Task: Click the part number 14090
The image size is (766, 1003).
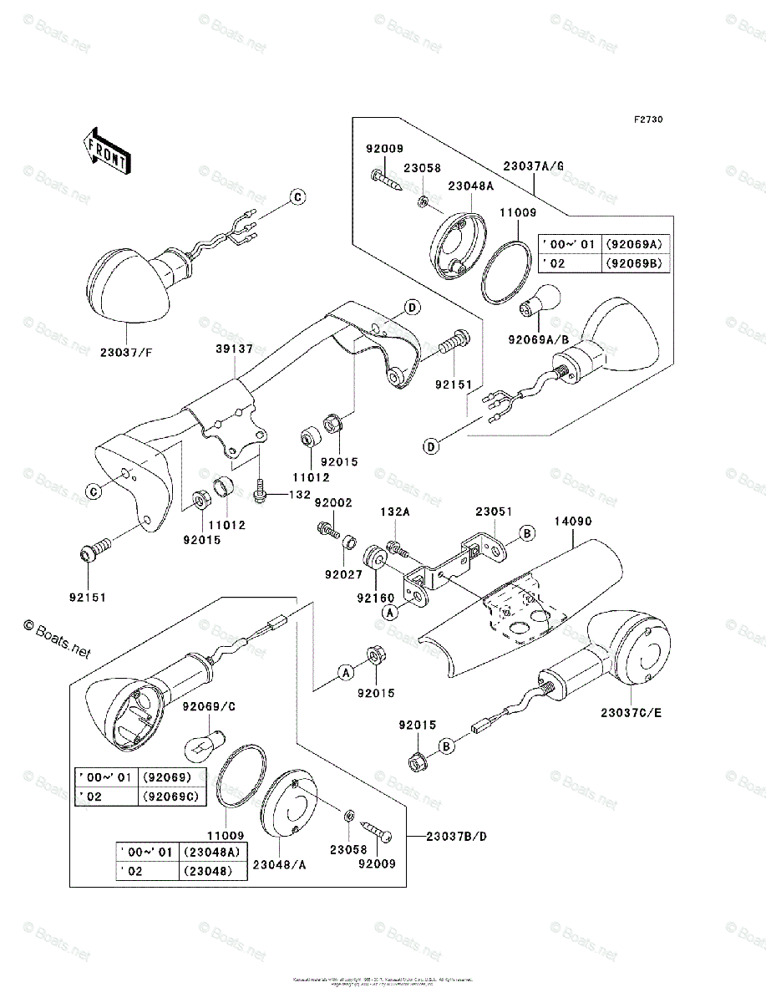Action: click(x=573, y=520)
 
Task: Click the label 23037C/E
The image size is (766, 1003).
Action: click(x=631, y=713)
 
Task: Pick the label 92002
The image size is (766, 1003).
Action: click(x=333, y=503)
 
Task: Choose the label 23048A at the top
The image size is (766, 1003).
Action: click(x=470, y=186)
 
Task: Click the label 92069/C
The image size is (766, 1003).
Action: click(x=211, y=707)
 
